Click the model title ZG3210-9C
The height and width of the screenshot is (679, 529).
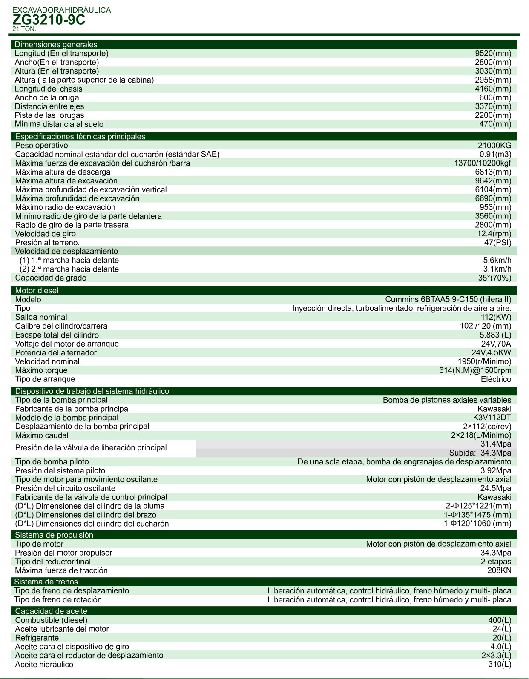pyautogui.click(x=49, y=20)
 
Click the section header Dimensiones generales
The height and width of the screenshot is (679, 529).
pyautogui.click(x=56, y=45)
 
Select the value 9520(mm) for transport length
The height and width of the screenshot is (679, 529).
pyautogui.click(x=493, y=54)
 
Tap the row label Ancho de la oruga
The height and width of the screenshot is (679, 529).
pyautogui.click(x=47, y=97)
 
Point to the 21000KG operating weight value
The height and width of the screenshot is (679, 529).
pyautogui.click(x=494, y=146)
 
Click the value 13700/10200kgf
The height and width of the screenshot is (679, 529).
pyautogui.click(x=482, y=163)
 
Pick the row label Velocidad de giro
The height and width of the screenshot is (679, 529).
pyautogui.click(x=46, y=234)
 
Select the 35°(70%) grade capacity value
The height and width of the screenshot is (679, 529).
pyautogui.click(x=494, y=278)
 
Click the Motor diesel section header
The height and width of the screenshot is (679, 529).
pyautogui.click(x=37, y=291)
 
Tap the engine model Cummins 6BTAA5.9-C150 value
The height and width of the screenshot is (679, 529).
pyautogui.click(x=448, y=300)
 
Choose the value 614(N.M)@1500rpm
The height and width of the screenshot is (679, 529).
pyautogui.click(x=475, y=370)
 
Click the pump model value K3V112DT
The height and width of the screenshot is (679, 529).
pyautogui.click(x=492, y=418)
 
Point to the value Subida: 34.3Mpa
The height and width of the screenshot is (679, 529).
pyautogui.click(x=480, y=453)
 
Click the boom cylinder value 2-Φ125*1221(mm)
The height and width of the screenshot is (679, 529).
pyautogui.click(x=478, y=506)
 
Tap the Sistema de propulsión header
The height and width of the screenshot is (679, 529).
pyautogui.click(x=54, y=535)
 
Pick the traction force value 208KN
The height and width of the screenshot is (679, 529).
pyautogui.click(x=499, y=570)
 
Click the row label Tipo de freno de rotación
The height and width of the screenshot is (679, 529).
pyautogui.click(x=58, y=600)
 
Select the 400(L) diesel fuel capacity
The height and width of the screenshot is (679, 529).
pyautogui.click(x=500, y=620)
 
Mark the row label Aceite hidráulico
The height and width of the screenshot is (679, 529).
pyautogui.click(x=44, y=665)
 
